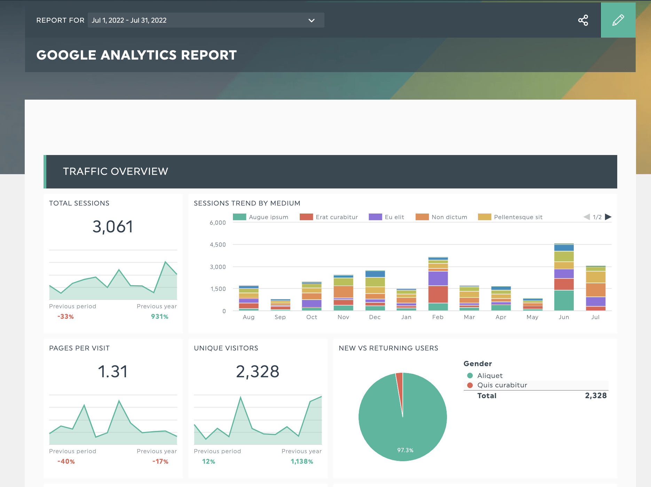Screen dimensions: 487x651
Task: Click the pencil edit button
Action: click(x=618, y=20)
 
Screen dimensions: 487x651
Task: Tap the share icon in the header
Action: click(x=583, y=20)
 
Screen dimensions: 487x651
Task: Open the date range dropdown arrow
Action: click(x=311, y=20)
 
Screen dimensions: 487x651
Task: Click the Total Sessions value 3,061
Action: click(x=113, y=227)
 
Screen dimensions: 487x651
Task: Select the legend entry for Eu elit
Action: click(x=386, y=217)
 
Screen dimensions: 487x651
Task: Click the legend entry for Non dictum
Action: click(x=441, y=217)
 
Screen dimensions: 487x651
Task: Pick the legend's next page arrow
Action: click(x=608, y=217)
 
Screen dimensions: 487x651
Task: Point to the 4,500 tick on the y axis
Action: click(x=218, y=245)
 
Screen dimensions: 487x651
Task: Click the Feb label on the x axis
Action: click(x=438, y=317)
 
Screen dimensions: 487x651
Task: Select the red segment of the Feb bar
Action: click(x=438, y=294)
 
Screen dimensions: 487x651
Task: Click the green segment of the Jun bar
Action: click(x=564, y=300)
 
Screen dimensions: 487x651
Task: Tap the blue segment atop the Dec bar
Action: click(x=375, y=274)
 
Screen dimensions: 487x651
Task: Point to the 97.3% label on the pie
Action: click(x=405, y=450)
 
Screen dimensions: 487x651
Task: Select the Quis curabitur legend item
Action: click(x=502, y=385)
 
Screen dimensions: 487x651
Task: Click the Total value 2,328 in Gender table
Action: click(x=596, y=395)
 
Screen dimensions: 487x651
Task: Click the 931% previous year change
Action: click(x=159, y=316)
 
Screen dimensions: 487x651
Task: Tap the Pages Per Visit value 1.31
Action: click(x=113, y=372)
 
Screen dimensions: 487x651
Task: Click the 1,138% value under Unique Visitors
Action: click(x=302, y=461)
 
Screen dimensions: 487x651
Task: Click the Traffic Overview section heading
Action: click(x=116, y=171)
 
